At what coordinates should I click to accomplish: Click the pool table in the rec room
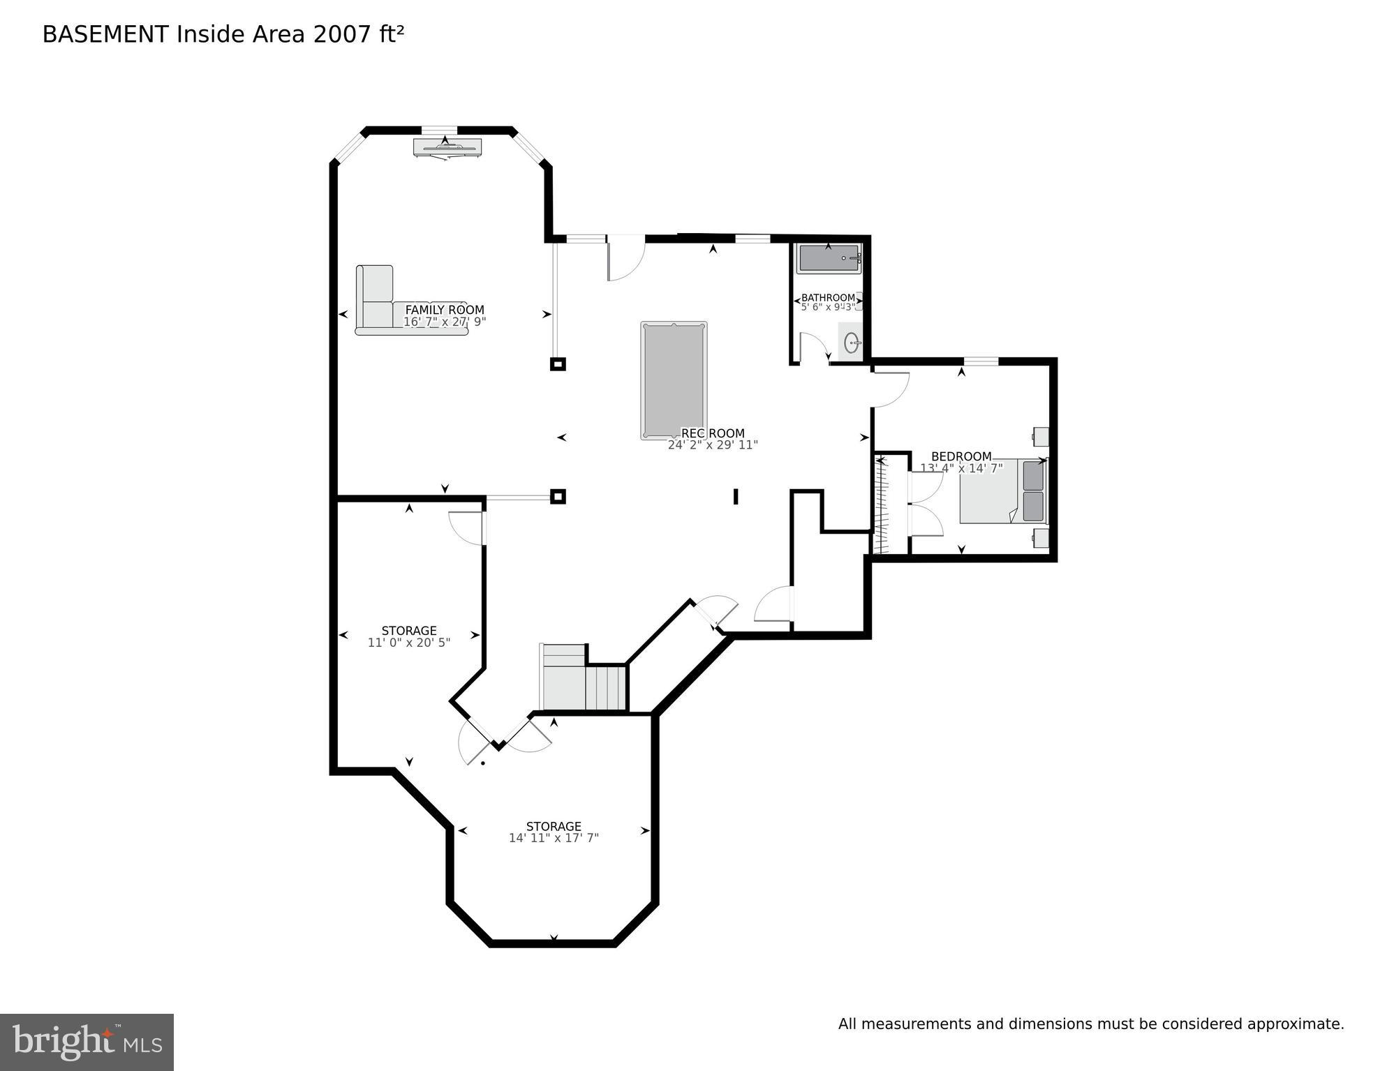click(x=674, y=380)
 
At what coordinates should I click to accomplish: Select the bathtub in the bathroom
click(x=829, y=259)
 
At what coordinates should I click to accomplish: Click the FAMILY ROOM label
click(x=445, y=310)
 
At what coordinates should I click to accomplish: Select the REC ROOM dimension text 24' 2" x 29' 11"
click(x=713, y=445)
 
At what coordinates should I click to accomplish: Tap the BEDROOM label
click(x=961, y=456)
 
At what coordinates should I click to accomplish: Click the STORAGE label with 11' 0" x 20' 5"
click(x=409, y=631)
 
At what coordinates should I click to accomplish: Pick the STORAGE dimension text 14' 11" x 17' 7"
click(x=554, y=838)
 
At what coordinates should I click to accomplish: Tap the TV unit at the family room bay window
click(x=447, y=147)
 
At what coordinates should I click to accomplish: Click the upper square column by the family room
click(x=558, y=364)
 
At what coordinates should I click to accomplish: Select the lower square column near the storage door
click(x=558, y=497)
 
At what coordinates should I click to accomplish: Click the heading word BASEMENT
click(x=105, y=35)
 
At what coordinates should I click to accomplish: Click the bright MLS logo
click(x=87, y=1042)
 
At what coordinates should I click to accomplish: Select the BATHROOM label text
click(x=828, y=298)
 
